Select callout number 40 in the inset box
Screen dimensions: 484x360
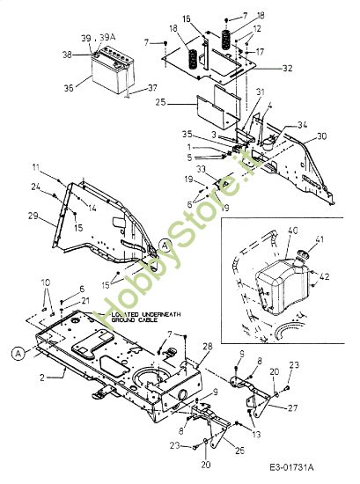click(x=293, y=231)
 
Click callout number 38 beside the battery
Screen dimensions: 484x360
click(x=67, y=55)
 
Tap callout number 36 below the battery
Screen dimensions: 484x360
click(x=70, y=87)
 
